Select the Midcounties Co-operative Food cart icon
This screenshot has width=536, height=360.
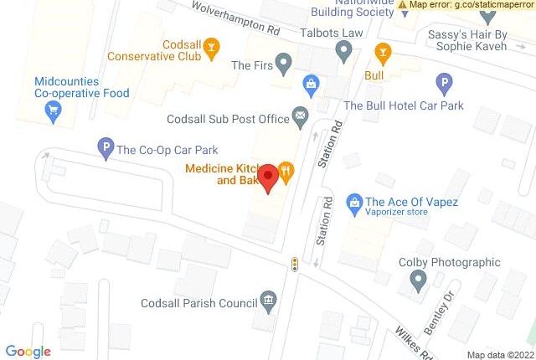[54, 111]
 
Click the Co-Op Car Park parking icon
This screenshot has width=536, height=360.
[105, 149]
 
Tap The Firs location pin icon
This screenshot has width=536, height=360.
[284, 63]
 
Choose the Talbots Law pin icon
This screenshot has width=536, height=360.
[343, 52]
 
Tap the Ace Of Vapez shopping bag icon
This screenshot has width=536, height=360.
[354, 202]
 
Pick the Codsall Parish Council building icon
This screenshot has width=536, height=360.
[268, 300]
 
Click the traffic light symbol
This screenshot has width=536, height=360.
[295, 264]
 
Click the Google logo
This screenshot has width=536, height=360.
[28, 352]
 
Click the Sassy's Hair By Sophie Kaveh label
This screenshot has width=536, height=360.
[467, 40]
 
